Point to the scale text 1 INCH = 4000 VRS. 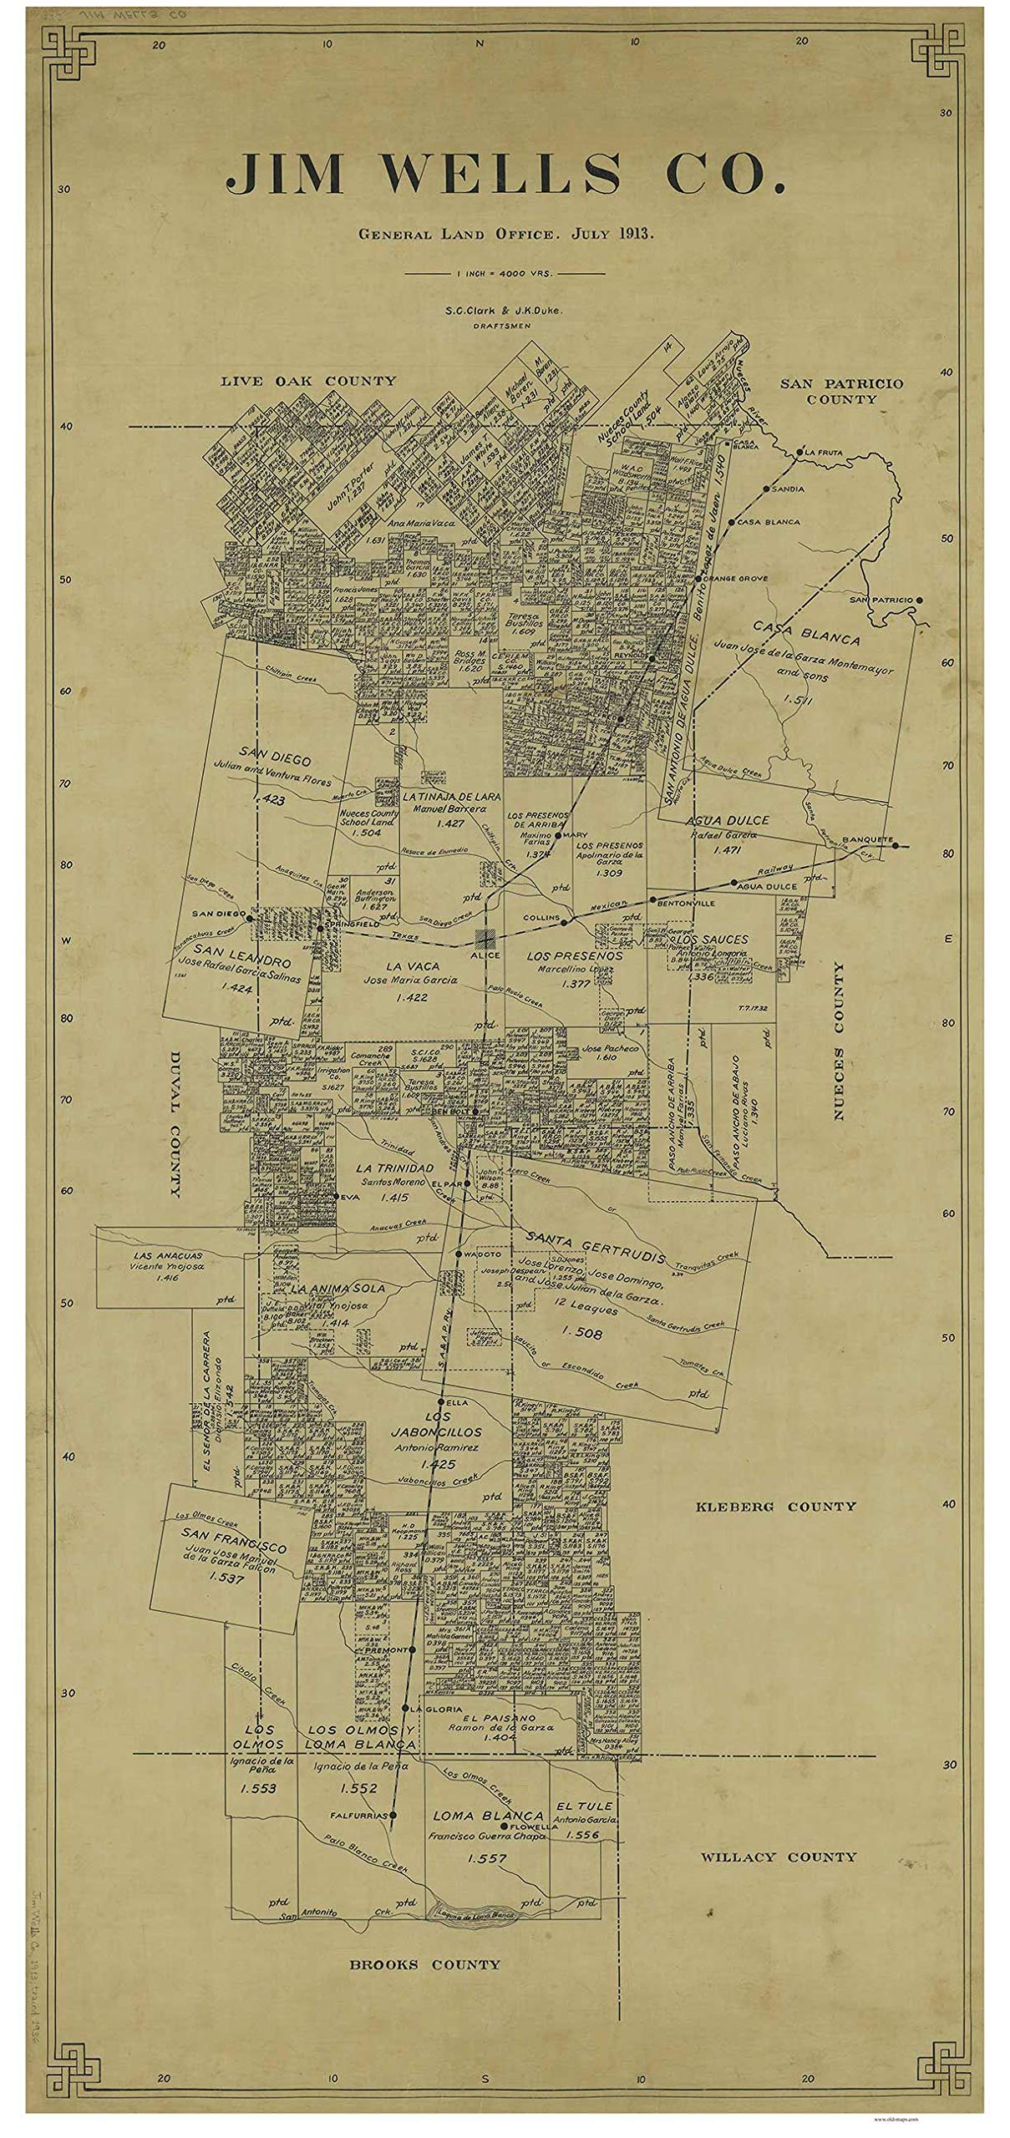(x=505, y=273)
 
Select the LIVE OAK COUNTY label (x=308, y=381)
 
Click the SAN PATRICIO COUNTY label (x=841, y=391)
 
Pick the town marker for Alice (x=485, y=938)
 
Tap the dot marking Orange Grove (x=698, y=578)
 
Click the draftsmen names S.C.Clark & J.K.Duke (x=505, y=310)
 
